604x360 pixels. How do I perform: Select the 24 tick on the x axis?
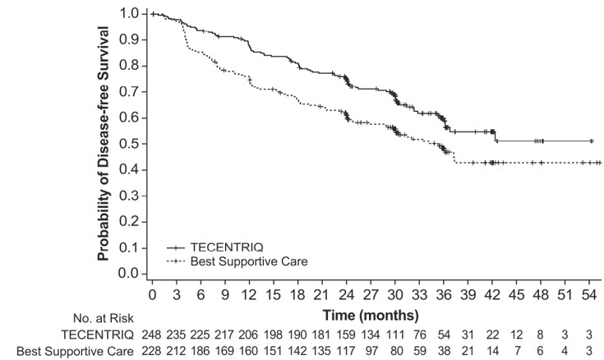point(348,294)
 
